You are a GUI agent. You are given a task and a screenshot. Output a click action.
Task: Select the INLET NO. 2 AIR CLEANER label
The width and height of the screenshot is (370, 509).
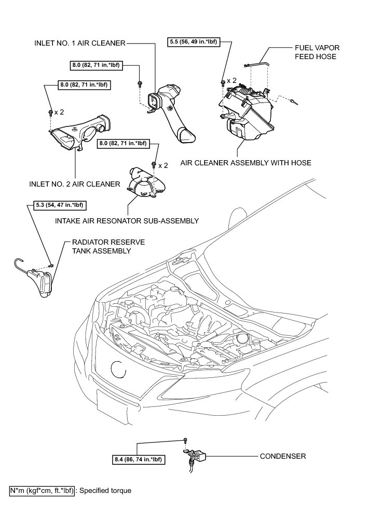[x=75, y=184]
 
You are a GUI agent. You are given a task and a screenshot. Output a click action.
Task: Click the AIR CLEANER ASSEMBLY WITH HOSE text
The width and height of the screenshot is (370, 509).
[x=245, y=163]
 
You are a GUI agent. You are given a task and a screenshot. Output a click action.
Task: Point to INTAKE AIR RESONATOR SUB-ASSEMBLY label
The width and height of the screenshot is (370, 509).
[x=127, y=221]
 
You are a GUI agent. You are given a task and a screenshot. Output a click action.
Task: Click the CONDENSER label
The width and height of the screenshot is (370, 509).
[x=283, y=457]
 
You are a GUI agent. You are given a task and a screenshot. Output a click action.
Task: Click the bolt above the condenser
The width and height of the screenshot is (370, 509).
[x=185, y=441]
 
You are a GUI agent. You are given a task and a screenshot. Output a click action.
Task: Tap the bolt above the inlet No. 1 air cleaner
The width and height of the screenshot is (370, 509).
[x=140, y=83]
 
